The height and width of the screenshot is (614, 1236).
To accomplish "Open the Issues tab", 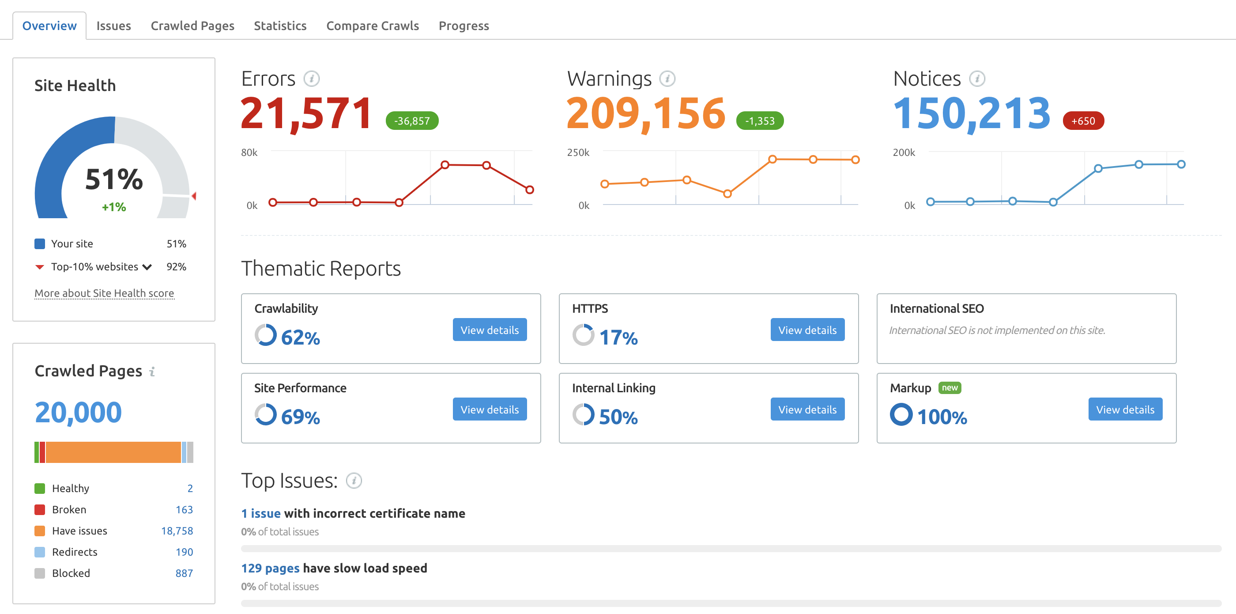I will coord(113,26).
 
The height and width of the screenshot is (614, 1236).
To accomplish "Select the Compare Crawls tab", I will coord(372,26).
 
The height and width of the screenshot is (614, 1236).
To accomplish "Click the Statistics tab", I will coord(280,26).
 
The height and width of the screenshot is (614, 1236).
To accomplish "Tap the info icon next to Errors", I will coord(311,78).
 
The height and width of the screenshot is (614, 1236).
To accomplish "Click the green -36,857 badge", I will coord(412,121).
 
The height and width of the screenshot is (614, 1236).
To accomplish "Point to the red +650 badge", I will coord(1083,121).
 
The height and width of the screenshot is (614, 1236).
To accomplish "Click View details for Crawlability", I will coord(490,330).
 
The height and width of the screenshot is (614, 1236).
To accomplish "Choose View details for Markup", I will coord(1125,409).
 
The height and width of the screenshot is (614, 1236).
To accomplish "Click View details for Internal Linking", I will coord(807,409).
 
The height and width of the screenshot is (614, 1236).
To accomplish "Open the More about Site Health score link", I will coord(104,293).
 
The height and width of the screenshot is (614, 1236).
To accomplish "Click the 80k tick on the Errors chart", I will coord(249,152).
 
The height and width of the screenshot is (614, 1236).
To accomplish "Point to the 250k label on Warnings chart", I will coord(578,152).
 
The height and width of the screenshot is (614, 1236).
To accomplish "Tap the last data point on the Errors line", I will coord(529,190).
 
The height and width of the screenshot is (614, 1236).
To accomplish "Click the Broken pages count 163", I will coord(184,509).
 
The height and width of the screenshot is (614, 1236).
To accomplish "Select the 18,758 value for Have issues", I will coord(177,531).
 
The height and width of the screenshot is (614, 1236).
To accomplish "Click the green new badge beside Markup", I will coord(949,387).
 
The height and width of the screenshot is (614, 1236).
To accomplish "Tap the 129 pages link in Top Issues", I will coord(270,568).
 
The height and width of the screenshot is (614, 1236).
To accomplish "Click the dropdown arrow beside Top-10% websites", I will coord(147,267).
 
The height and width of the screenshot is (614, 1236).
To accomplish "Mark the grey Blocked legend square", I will coord(40,573).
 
